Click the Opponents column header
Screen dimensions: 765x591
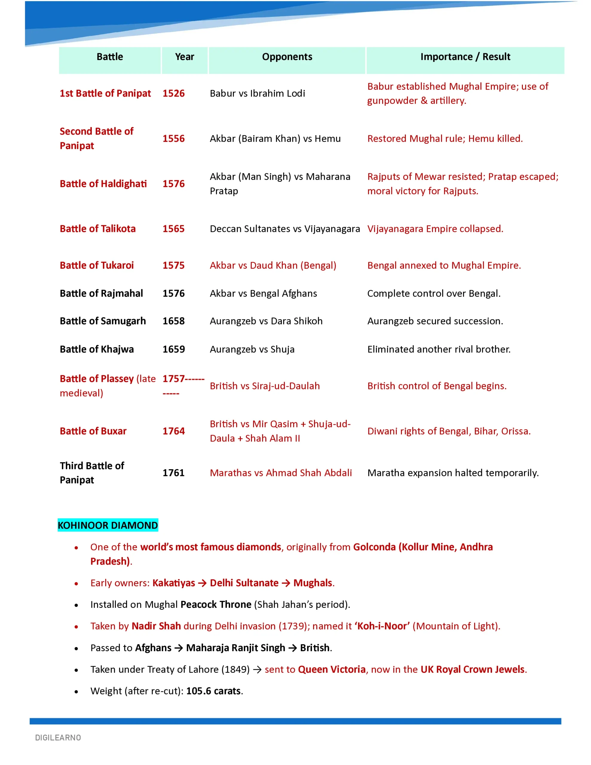point(287,57)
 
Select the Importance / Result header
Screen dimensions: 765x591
point(465,57)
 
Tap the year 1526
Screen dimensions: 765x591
point(173,93)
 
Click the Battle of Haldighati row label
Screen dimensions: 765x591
point(103,183)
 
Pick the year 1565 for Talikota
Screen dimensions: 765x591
point(173,229)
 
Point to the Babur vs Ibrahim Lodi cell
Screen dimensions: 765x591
point(257,93)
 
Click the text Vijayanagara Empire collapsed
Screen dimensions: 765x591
point(435,229)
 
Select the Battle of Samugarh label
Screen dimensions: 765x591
point(103,321)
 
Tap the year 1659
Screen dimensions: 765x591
point(173,349)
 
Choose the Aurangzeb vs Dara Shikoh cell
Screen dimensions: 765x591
point(266,321)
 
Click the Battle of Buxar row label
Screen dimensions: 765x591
point(93,431)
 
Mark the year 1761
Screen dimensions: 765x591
point(173,473)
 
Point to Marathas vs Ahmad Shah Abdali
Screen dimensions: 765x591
point(281,473)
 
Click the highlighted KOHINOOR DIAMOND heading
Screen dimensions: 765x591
point(108,525)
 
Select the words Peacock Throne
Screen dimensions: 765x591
point(216,605)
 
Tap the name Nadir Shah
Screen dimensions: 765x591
point(156,626)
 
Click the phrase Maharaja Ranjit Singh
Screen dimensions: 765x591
point(235,648)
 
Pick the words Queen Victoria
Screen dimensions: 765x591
point(331,669)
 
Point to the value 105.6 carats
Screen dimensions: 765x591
point(213,691)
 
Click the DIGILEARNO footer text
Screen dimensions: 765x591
point(58,738)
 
